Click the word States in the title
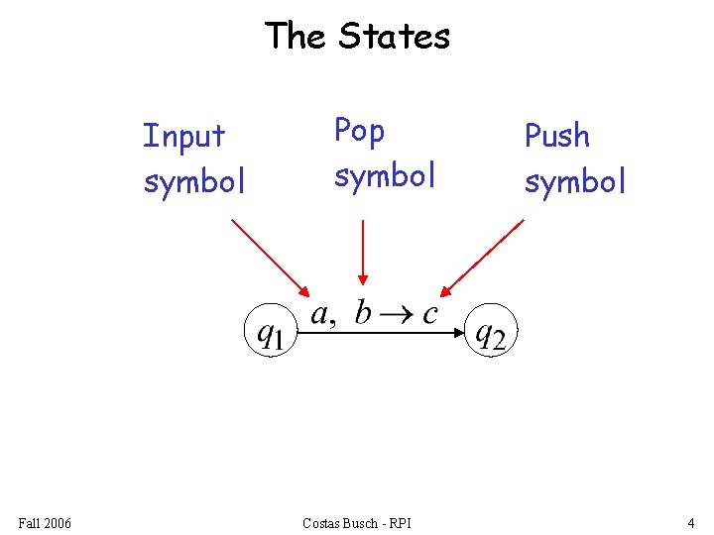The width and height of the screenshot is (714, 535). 394,37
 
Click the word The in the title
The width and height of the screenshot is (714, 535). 295,37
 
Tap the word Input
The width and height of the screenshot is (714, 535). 184,136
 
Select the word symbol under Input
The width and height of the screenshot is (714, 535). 194,182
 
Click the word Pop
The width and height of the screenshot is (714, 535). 359,131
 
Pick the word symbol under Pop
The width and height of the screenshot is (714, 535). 385,176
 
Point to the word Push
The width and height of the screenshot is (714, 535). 556,136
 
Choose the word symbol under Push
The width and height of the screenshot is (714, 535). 575,182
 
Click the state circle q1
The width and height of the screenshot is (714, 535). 270,332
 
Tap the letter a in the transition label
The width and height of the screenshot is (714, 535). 320,314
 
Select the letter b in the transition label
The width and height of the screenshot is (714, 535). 364,312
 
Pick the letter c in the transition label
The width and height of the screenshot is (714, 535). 429,314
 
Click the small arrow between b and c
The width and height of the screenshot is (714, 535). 397,315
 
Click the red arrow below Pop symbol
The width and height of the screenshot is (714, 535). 363,253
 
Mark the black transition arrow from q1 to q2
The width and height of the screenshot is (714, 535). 382,333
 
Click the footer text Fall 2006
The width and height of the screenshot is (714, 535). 45,522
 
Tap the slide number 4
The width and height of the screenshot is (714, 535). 690,522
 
